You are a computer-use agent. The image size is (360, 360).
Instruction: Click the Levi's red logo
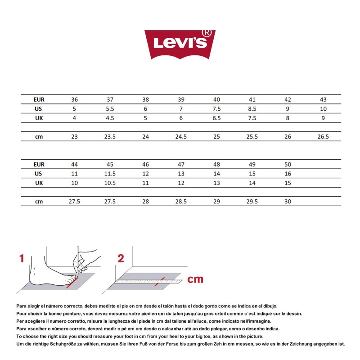pyautogui.click(x=180, y=44)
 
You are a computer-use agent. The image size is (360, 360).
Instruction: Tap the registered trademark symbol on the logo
pyautogui.click(x=207, y=33)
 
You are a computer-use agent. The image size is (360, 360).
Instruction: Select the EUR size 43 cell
pyautogui.click(x=323, y=99)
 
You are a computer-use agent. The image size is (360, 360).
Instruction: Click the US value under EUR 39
pyautogui.click(x=181, y=109)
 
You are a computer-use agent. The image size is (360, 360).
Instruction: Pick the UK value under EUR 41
pyautogui.click(x=252, y=118)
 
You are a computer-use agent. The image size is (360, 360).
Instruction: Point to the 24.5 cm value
pyautogui.click(x=181, y=136)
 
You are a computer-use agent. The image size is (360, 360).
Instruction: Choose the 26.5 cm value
pyautogui.click(x=323, y=136)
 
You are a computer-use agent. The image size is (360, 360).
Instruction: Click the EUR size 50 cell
pyautogui.click(x=288, y=164)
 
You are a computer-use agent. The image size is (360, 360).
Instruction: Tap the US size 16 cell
pyautogui.click(x=288, y=174)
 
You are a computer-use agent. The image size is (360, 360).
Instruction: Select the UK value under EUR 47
pyautogui.click(x=181, y=183)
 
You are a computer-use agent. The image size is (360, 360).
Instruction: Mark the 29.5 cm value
pyautogui.click(x=252, y=202)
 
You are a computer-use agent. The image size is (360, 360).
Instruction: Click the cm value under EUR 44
pyautogui.click(x=74, y=202)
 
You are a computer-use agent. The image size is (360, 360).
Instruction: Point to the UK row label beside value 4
pyautogui.click(x=39, y=118)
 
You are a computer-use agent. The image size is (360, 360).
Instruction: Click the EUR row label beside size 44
pyautogui.click(x=39, y=164)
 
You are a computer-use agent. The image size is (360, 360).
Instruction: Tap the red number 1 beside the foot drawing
pyautogui.click(x=21, y=258)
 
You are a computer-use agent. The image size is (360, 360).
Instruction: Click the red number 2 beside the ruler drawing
pyautogui.click(x=121, y=258)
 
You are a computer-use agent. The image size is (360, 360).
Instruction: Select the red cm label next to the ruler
pyautogui.click(x=195, y=279)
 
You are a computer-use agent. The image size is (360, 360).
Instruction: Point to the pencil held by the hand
pyautogui.click(x=78, y=261)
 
